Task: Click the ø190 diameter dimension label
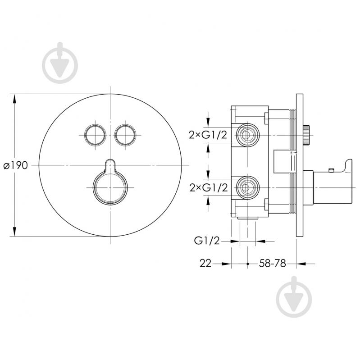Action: click(16, 165)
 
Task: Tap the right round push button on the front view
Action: click(125, 135)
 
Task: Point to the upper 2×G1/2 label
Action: click(208, 135)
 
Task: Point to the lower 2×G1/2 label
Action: click(209, 188)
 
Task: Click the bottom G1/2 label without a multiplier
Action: click(207, 241)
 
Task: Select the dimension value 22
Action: click(205, 263)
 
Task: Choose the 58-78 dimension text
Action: click(273, 263)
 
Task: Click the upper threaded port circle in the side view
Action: click(247, 135)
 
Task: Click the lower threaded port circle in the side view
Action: click(247, 188)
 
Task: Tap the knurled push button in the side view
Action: click(306, 135)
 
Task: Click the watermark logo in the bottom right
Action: click(294, 296)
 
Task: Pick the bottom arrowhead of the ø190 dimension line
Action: click(14, 231)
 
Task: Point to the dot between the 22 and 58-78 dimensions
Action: click(247, 264)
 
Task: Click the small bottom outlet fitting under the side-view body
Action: click(247, 218)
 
